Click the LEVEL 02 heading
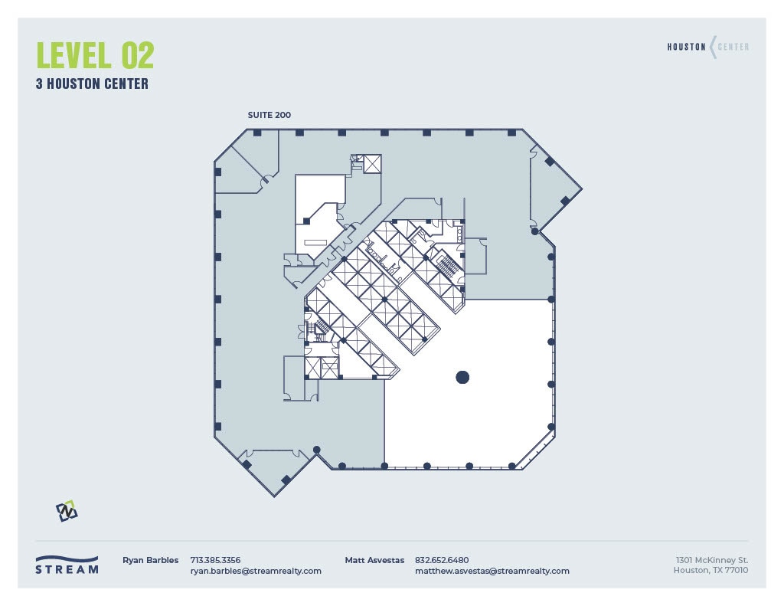click(95, 55)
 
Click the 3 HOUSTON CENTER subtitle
click(92, 84)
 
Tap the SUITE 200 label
click(269, 115)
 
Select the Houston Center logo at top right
click(707, 47)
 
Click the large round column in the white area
click(462, 377)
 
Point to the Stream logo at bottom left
click(67, 565)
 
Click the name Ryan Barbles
click(150, 560)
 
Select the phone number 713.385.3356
click(215, 560)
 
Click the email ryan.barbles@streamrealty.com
click(256, 571)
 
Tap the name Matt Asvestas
click(374, 560)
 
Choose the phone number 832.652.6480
click(442, 560)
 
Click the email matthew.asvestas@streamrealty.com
click(492, 571)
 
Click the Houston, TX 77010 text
click(710, 570)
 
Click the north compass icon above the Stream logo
click(67, 510)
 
